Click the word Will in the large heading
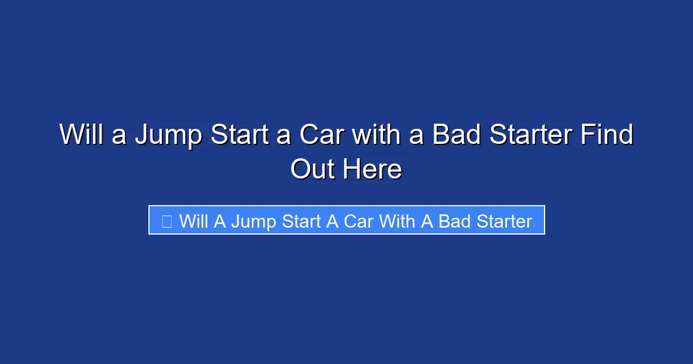82,135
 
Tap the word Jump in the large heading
169,135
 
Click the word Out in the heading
313,170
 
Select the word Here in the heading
372,170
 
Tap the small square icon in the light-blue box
167,221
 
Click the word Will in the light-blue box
193,221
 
